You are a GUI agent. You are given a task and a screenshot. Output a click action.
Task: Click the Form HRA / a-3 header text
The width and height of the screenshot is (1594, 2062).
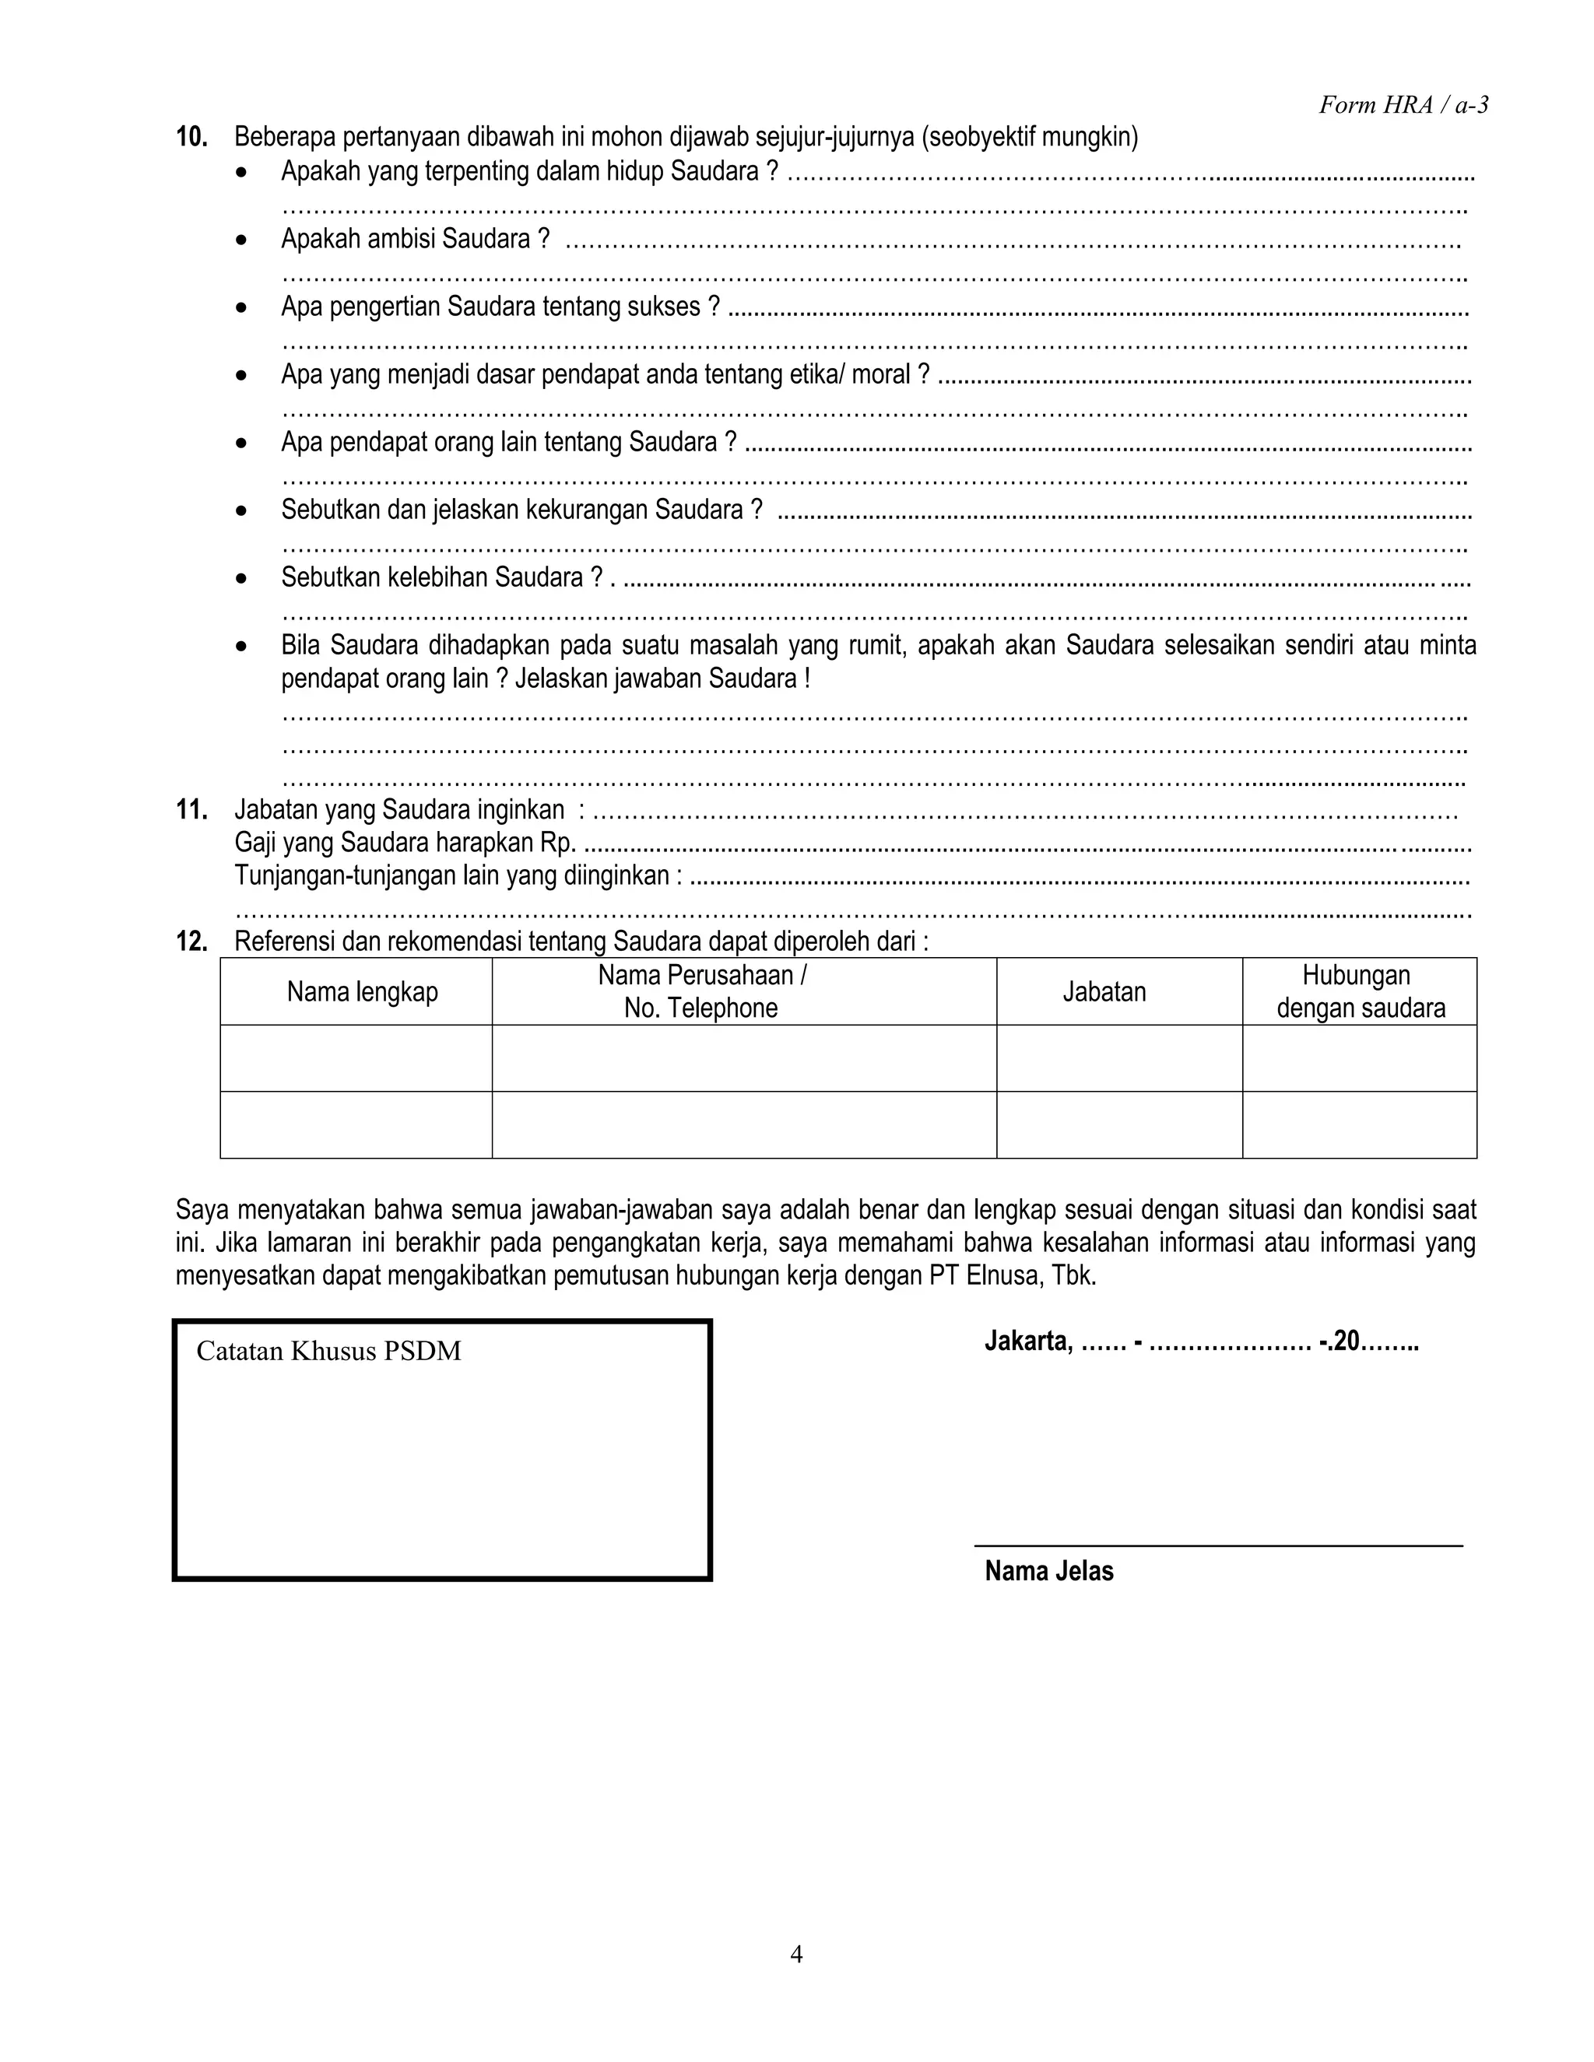pyautogui.click(x=1403, y=105)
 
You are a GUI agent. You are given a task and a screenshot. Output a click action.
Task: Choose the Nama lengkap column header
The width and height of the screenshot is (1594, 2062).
pyautogui.click(x=363, y=992)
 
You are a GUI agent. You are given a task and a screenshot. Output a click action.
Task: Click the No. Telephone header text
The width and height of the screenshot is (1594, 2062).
pyautogui.click(x=700, y=1008)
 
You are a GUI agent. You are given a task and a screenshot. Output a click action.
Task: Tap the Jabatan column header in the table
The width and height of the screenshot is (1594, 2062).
pyautogui.click(x=1104, y=992)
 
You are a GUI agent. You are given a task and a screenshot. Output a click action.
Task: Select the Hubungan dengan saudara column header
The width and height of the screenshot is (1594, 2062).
pyautogui.click(x=1360, y=992)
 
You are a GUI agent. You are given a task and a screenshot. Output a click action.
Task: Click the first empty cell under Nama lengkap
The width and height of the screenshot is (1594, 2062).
pyautogui.click(x=356, y=1058)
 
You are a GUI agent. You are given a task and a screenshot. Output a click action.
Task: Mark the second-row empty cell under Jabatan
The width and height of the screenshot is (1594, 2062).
pyautogui.click(x=1119, y=1125)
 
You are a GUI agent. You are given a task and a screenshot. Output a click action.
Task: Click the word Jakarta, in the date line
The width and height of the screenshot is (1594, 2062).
pyautogui.click(x=1028, y=1341)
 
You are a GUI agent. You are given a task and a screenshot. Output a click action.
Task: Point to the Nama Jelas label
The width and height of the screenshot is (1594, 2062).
pyautogui.click(x=1048, y=1571)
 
